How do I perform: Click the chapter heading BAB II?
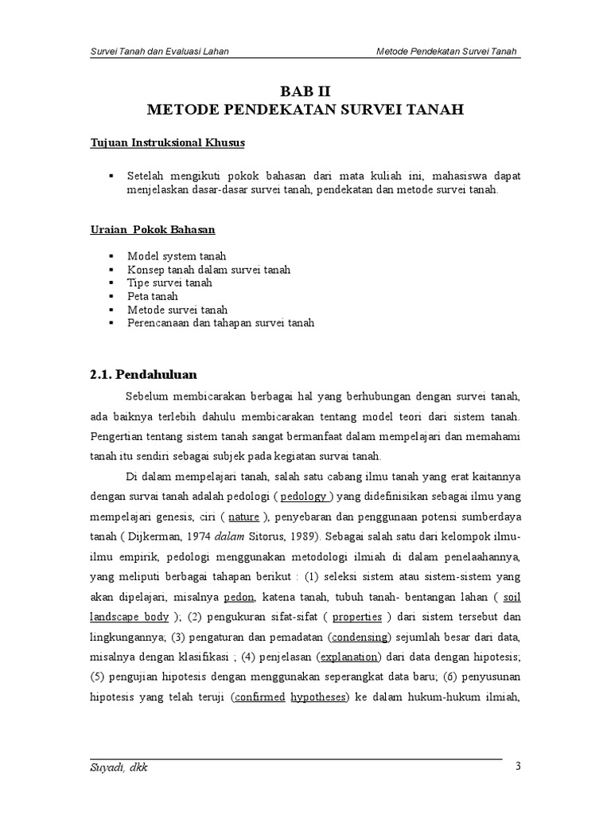point(305,91)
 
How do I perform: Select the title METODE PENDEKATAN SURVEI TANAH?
point(305,108)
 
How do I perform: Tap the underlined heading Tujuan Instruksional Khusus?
point(166,142)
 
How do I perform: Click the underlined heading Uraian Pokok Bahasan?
point(152,229)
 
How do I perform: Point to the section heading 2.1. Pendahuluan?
point(143,374)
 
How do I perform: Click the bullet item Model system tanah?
point(177,256)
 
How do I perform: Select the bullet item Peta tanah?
point(153,296)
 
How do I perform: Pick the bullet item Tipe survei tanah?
point(169,283)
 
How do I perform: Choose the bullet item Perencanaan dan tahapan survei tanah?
point(220,323)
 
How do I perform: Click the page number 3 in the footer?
point(519,766)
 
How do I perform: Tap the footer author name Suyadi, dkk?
point(119,769)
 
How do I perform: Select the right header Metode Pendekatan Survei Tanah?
point(447,53)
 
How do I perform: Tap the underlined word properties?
point(357,616)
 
